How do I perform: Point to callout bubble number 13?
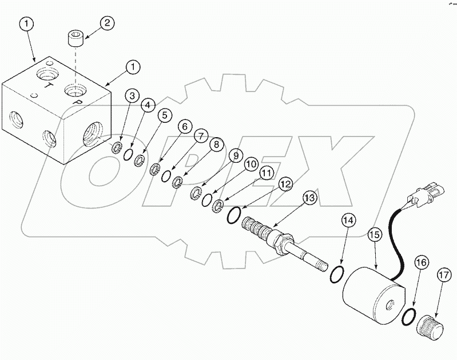309,198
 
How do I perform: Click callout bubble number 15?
375,235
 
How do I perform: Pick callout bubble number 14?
348,219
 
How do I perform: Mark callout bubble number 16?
420,262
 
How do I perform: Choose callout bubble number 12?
285,184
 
